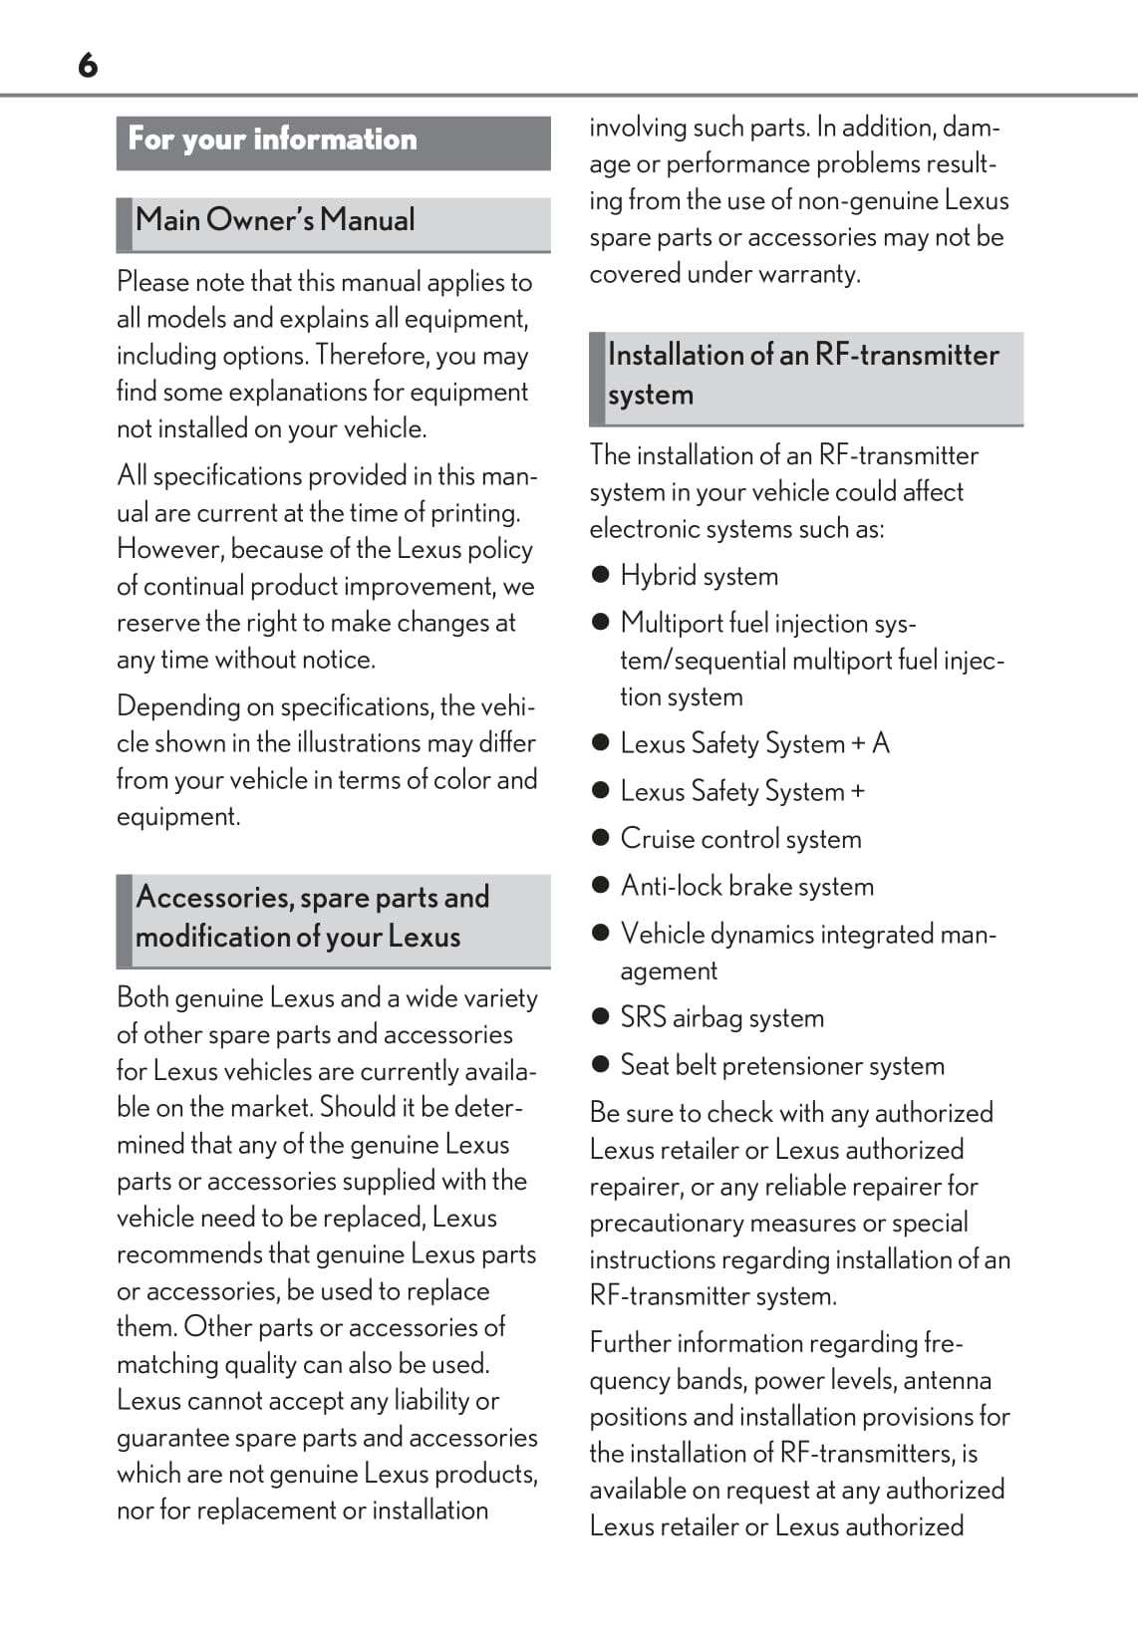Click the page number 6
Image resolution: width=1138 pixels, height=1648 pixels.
pyautogui.click(x=88, y=66)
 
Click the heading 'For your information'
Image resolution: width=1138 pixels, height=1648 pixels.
pyautogui.click(x=272, y=139)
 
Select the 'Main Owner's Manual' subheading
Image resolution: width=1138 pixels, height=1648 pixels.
pyautogui.click(x=275, y=220)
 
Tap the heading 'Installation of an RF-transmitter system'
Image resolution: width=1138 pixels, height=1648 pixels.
pyautogui.click(x=803, y=375)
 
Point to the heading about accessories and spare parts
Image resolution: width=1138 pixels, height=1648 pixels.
pyautogui.click(x=312, y=917)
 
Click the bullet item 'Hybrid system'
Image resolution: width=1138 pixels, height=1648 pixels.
pyautogui.click(x=699, y=576)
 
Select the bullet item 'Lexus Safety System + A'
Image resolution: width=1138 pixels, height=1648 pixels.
pyautogui.click(x=754, y=743)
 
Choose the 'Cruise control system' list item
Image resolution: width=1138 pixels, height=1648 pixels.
pyautogui.click(x=740, y=839)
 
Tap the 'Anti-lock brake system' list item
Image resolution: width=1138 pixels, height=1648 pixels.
pyautogui.click(x=746, y=887)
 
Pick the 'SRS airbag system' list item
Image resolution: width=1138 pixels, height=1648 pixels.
pyautogui.click(x=721, y=1018)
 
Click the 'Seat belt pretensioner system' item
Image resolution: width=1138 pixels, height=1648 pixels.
pyautogui.click(x=782, y=1066)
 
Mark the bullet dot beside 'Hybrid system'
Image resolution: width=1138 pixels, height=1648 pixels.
pyautogui.click(x=600, y=575)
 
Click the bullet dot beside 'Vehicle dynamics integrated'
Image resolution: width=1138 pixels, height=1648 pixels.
pyautogui.click(x=600, y=934)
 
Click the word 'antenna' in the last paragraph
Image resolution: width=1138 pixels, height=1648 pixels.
pyautogui.click(x=946, y=1381)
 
